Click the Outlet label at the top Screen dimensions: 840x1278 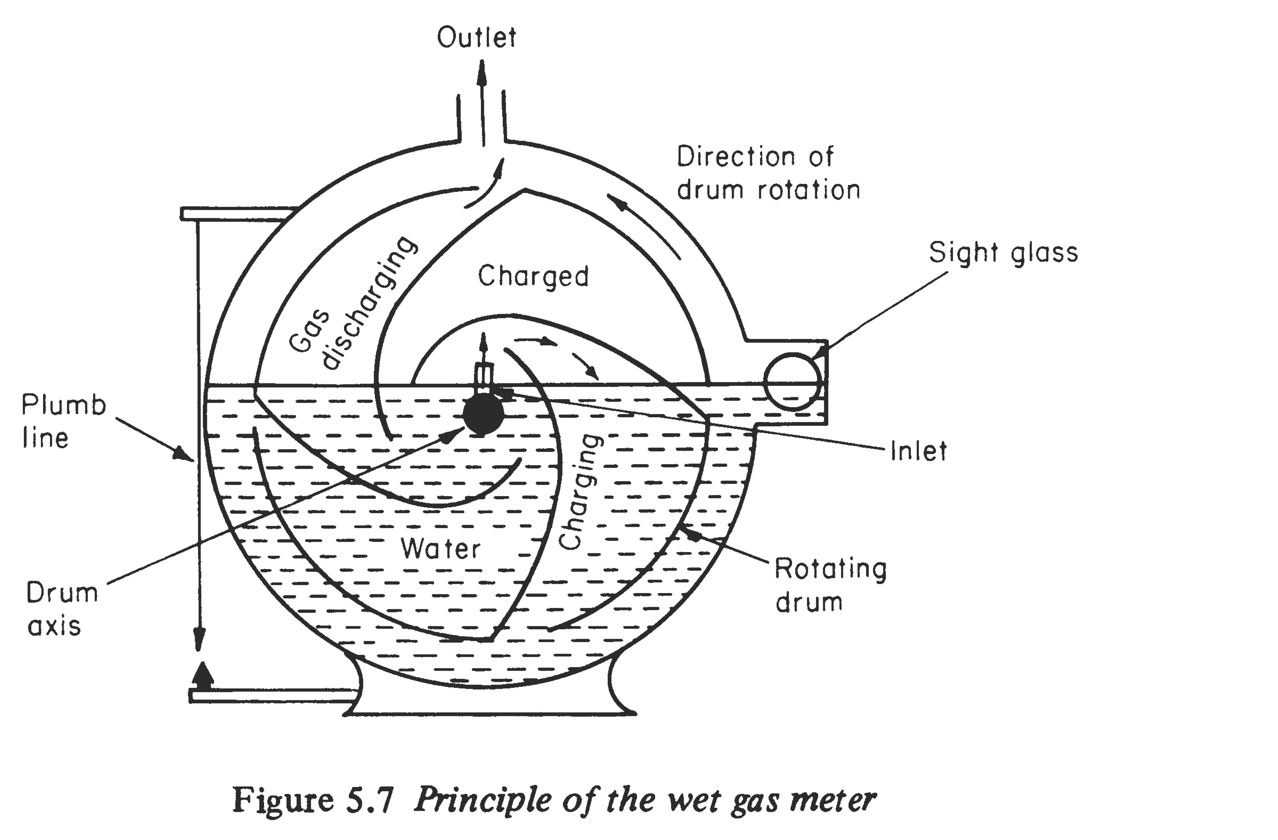[476, 38]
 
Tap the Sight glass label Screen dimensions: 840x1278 [1003, 252]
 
